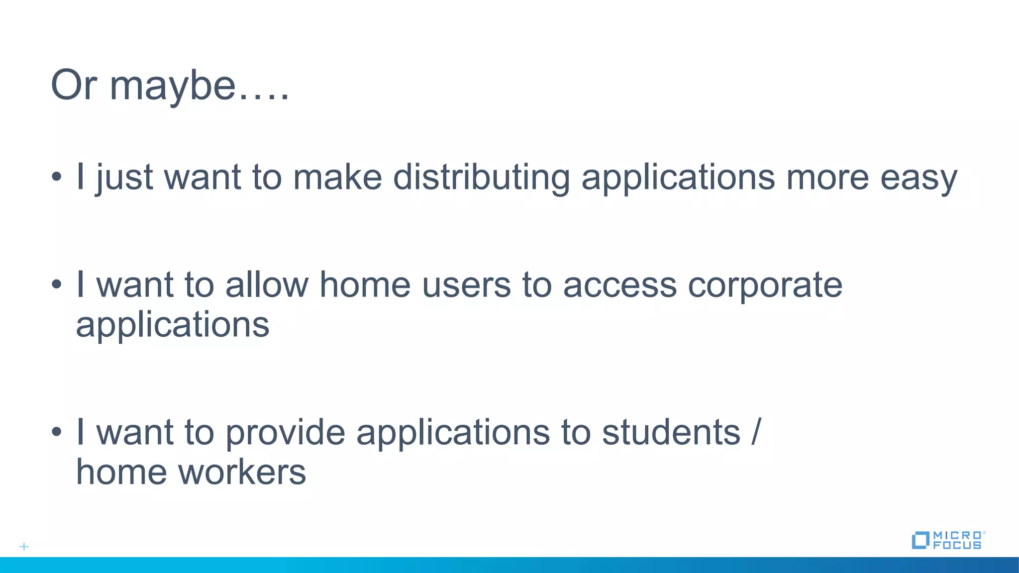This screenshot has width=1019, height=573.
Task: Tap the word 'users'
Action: (x=466, y=286)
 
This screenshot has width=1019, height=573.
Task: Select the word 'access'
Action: (x=619, y=286)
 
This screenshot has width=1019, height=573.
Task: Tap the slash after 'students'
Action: (x=756, y=432)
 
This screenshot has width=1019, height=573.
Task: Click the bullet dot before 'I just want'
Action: (x=57, y=177)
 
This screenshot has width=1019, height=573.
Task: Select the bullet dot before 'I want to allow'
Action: (x=57, y=285)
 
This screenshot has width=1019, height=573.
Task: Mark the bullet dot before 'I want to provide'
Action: (x=57, y=432)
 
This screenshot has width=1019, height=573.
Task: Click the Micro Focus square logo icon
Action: (x=920, y=540)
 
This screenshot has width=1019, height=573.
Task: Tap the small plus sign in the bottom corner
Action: (x=24, y=547)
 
